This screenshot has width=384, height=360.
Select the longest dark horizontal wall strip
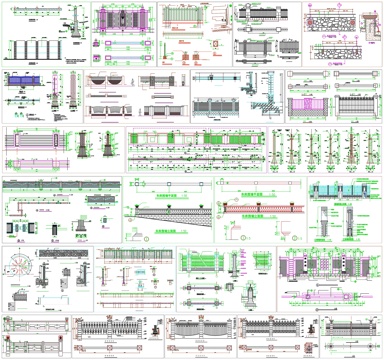point(60,185)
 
